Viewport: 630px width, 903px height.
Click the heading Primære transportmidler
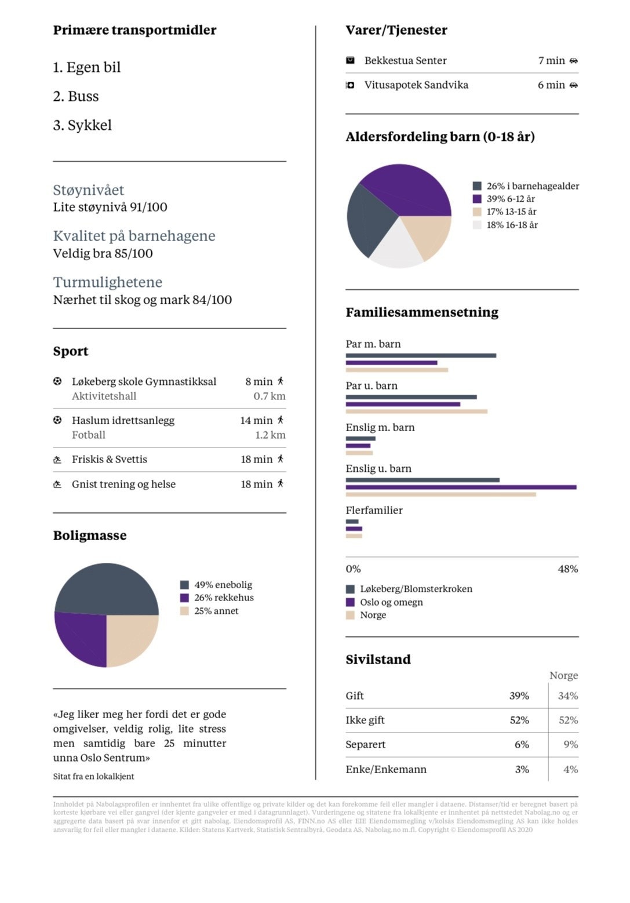(x=134, y=30)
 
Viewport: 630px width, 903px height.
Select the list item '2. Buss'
(x=76, y=96)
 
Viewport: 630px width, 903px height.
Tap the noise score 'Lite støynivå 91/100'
(x=110, y=207)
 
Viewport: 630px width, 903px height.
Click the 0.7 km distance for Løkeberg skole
(x=270, y=396)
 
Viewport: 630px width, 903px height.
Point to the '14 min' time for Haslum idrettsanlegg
(x=256, y=420)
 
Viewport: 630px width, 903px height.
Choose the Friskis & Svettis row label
(x=110, y=459)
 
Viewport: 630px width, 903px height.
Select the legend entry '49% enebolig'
(x=223, y=585)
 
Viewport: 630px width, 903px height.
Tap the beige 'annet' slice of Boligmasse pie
(x=130, y=638)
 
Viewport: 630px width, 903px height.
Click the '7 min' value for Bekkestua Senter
(x=551, y=60)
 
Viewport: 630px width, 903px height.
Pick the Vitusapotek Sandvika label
(x=416, y=85)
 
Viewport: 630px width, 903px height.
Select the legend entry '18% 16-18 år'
(x=512, y=225)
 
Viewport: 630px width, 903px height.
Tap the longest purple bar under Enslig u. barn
(x=461, y=487)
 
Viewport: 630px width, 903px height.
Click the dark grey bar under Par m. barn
(x=421, y=355)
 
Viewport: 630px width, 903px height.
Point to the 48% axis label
(x=567, y=569)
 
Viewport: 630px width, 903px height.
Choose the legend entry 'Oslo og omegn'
(x=391, y=602)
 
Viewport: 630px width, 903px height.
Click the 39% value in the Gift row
(x=519, y=696)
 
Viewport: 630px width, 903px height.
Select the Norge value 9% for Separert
(x=570, y=744)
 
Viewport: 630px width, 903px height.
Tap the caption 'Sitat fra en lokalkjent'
(x=94, y=776)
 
